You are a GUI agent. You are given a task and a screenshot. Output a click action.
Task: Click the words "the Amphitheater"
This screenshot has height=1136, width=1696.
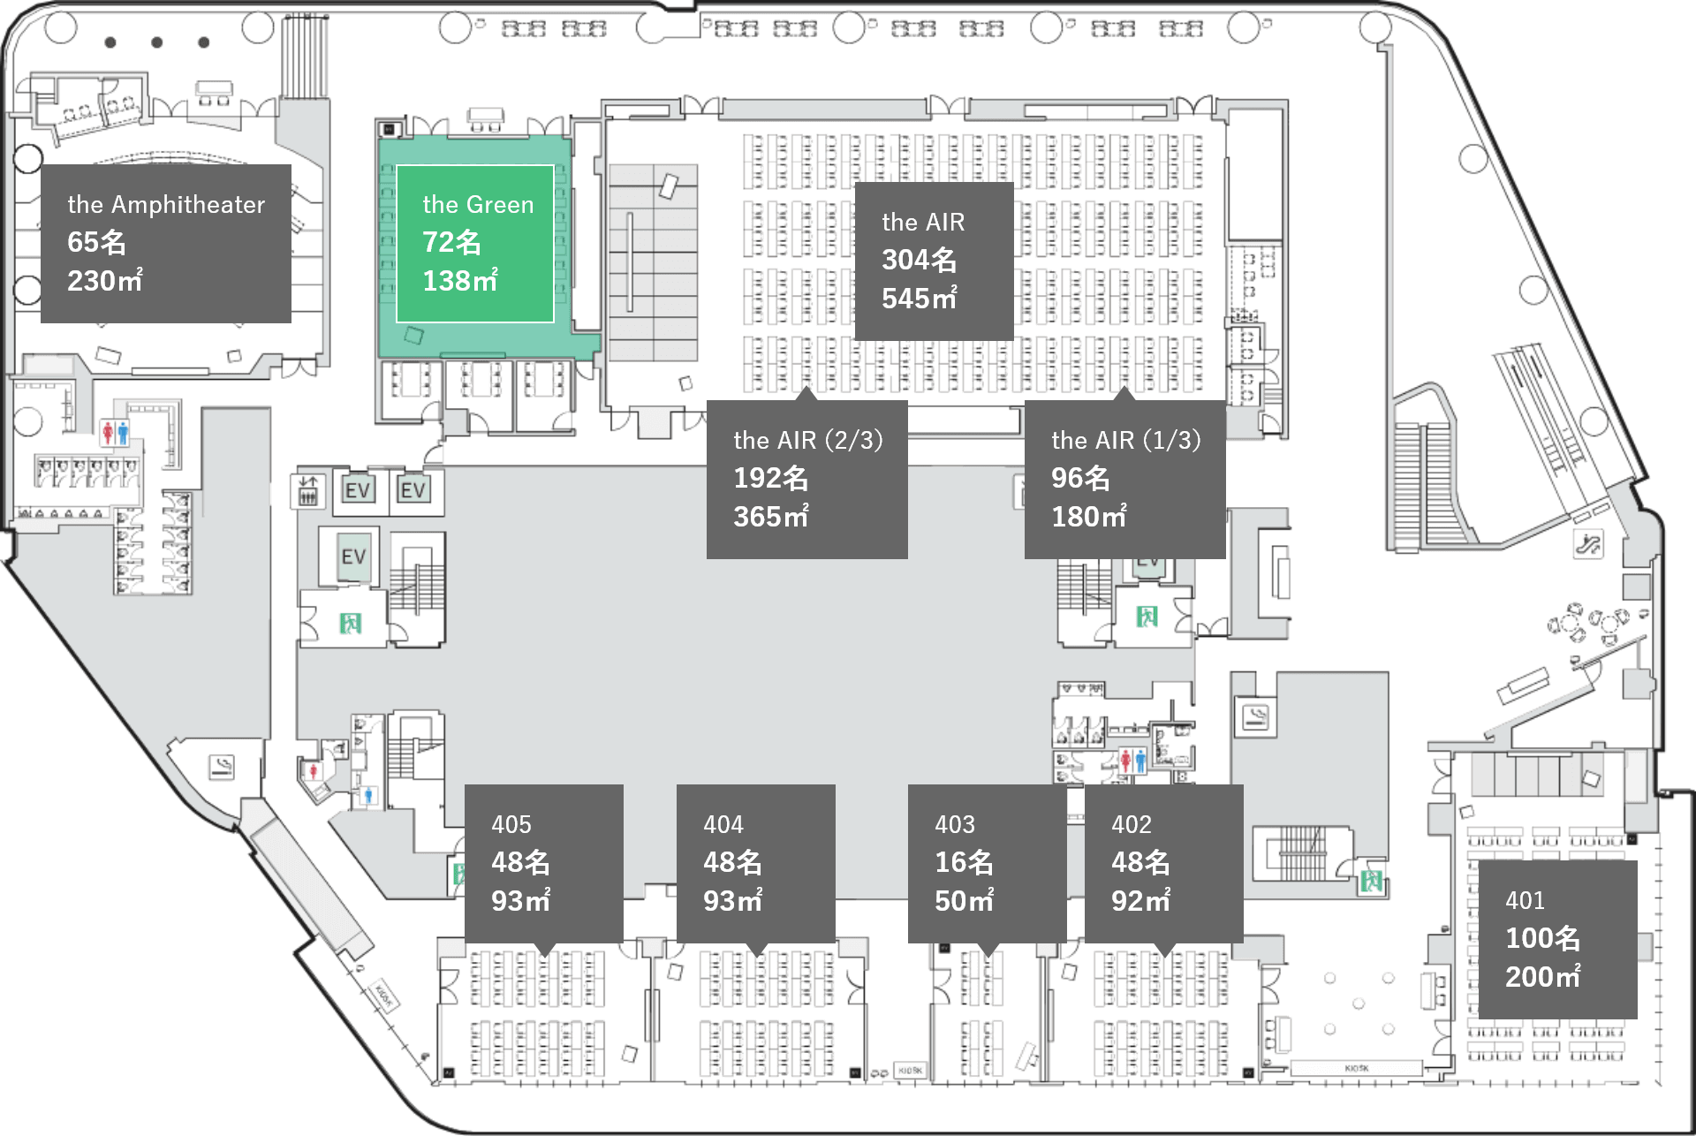166,205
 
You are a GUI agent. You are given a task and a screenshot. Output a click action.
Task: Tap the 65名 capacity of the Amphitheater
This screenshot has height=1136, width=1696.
97,242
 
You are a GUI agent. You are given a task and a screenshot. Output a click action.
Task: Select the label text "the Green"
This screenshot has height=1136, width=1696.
478,205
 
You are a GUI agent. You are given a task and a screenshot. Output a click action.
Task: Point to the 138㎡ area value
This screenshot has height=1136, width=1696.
460,281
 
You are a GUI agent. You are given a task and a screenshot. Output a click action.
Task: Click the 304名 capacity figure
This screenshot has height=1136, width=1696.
919,260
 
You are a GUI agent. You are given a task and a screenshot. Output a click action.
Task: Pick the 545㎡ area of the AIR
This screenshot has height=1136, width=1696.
919,299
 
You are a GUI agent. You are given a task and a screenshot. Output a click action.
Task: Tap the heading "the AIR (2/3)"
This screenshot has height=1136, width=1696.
807,440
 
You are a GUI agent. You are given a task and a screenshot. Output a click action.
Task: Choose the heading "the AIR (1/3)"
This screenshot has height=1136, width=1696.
1125,440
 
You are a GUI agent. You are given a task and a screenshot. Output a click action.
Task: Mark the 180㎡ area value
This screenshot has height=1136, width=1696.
1088,517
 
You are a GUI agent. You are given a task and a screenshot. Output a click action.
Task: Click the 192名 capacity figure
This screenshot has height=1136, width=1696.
770,478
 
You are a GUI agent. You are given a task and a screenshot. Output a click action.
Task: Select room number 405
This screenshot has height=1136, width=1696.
511,825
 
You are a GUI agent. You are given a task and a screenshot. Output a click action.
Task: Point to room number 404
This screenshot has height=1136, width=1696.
723,825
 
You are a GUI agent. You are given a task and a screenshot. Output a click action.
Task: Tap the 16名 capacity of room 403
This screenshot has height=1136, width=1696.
964,862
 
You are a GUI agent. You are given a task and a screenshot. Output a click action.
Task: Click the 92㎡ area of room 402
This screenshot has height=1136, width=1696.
1140,901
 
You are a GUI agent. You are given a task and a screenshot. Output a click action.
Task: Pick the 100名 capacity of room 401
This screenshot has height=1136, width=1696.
1542,938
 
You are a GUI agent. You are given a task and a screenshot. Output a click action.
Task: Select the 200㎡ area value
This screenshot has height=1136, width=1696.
1542,977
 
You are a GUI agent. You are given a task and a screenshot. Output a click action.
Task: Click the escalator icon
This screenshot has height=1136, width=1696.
1587,543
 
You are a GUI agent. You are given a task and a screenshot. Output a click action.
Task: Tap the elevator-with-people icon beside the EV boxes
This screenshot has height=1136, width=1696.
307,490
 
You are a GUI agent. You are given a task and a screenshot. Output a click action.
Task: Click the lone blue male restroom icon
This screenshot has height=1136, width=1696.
369,796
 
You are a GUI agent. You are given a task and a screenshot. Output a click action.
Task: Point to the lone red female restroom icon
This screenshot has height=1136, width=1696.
313,771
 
